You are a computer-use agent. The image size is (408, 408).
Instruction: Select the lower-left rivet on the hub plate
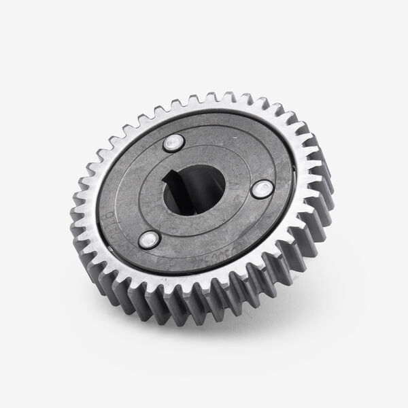pyautogui.click(x=148, y=239)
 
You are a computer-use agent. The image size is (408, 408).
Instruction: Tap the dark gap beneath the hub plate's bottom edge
pyautogui.click(x=204, y=275)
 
